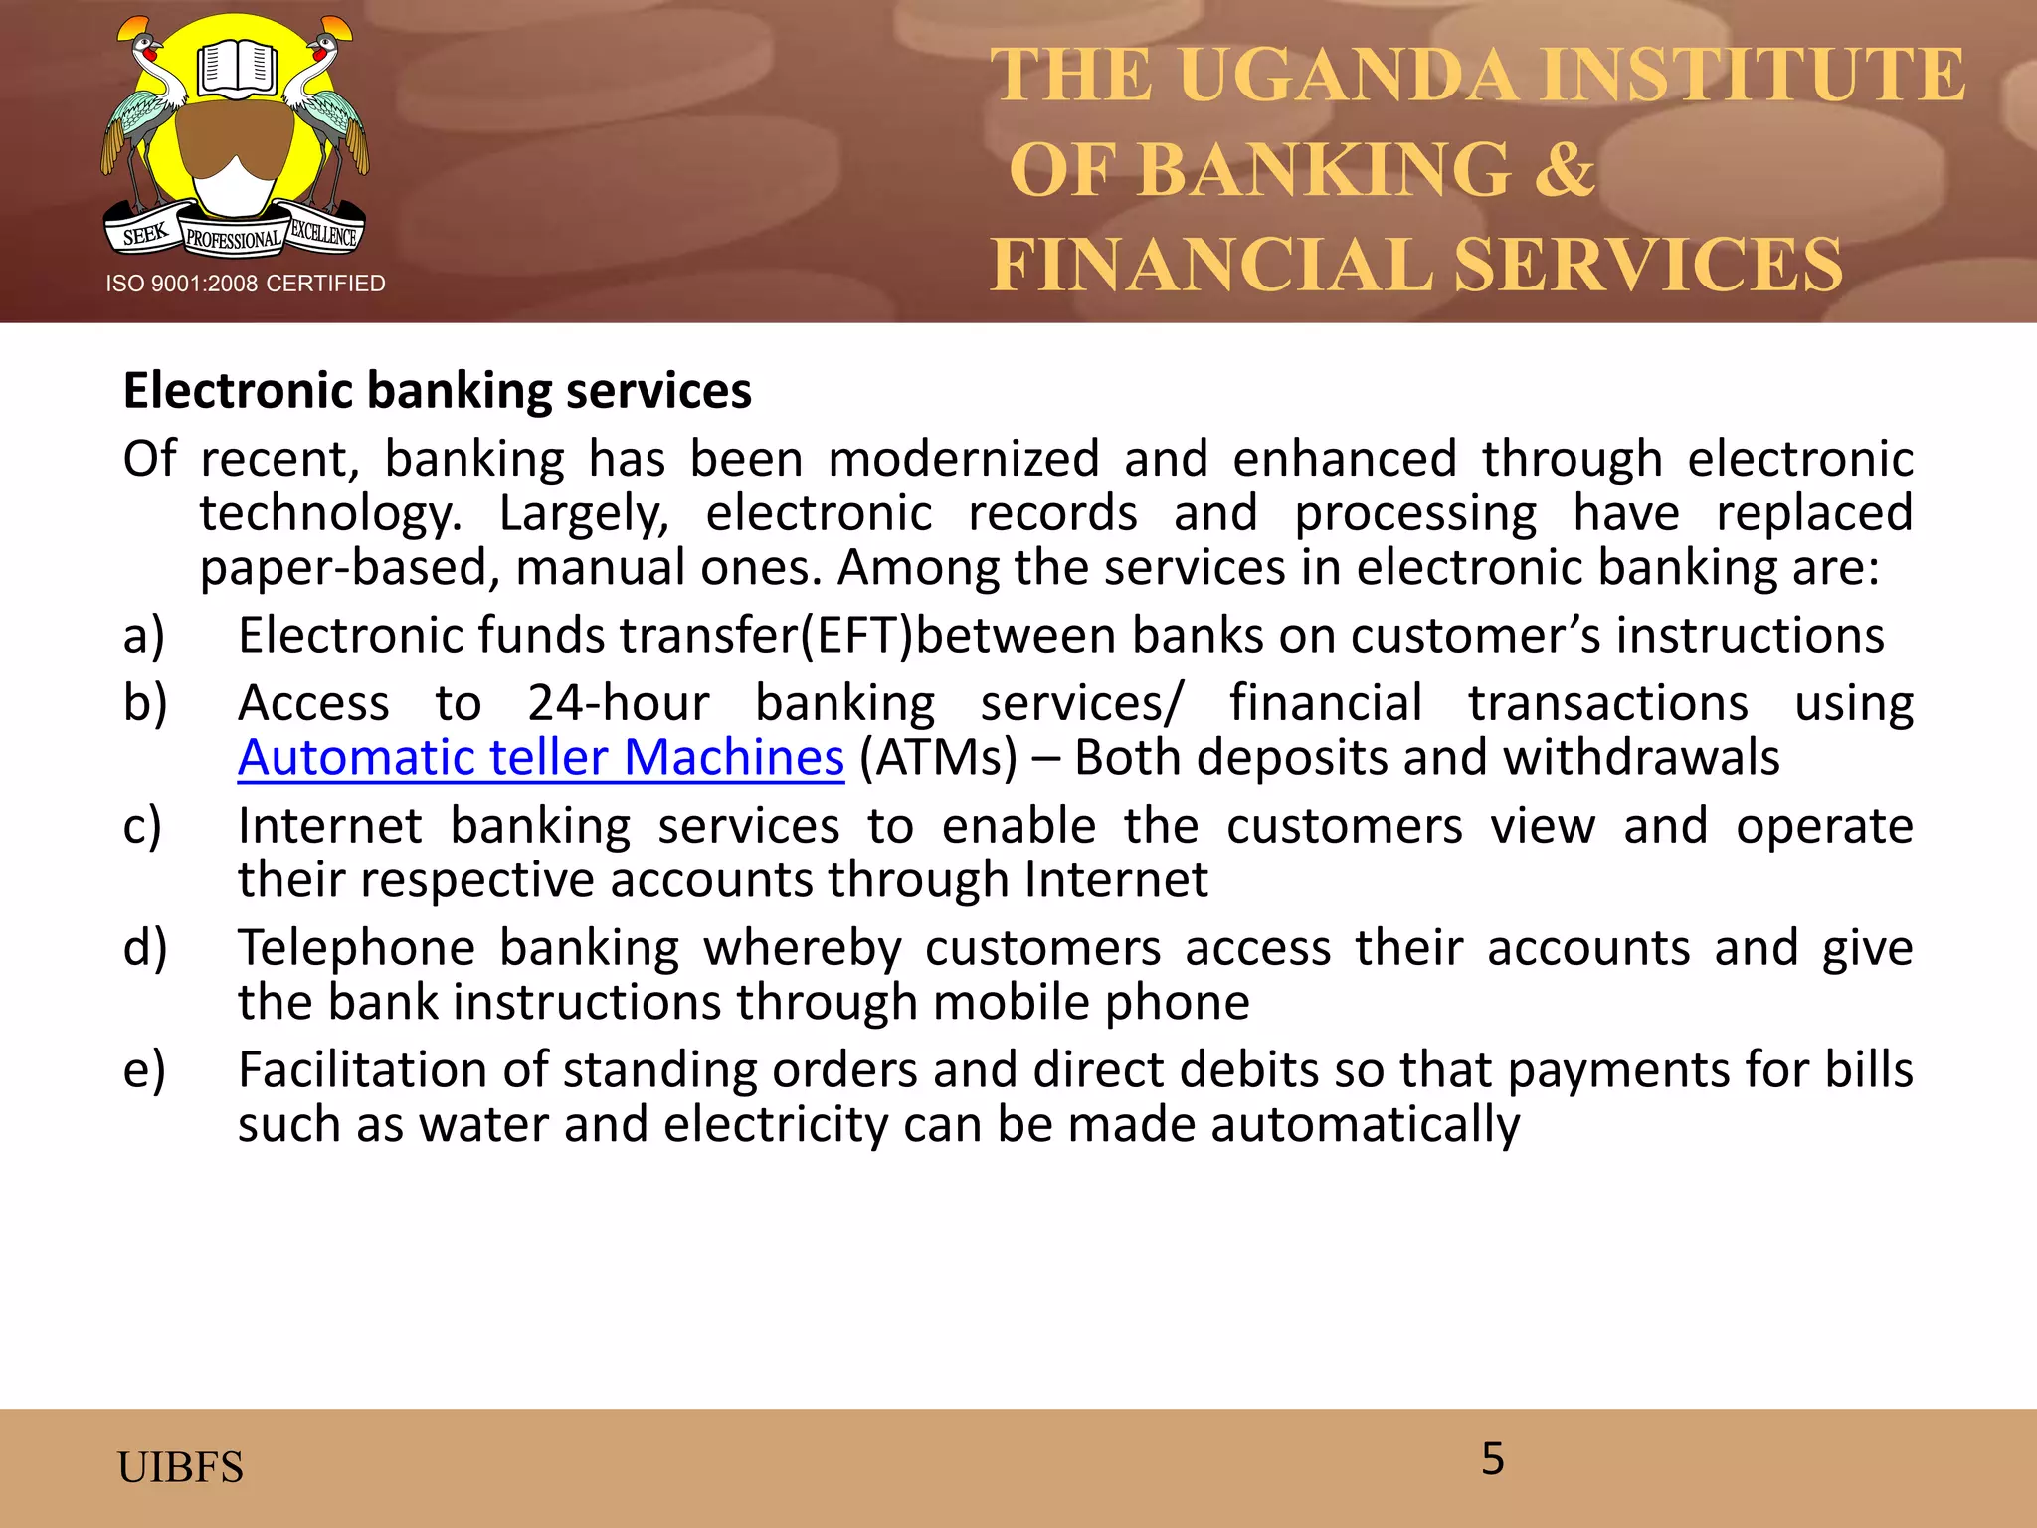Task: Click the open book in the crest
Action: tap(236, 69)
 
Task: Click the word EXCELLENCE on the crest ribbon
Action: tap(324, 234)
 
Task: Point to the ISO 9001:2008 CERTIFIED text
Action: tap(246, 284)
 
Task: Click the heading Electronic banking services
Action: tap(437, 390)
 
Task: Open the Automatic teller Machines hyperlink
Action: tap(540, 758)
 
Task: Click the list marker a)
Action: tap(144, 636)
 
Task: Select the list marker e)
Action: tap(144, 1070)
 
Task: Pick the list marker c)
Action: tap(142, 827)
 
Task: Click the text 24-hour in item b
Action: tap(618, 703)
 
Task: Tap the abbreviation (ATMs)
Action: tap(938, 758)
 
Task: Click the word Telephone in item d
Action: tap(356, 948)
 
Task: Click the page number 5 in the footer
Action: tap(1492, 1459)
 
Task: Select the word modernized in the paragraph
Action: tap(963, 460)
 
